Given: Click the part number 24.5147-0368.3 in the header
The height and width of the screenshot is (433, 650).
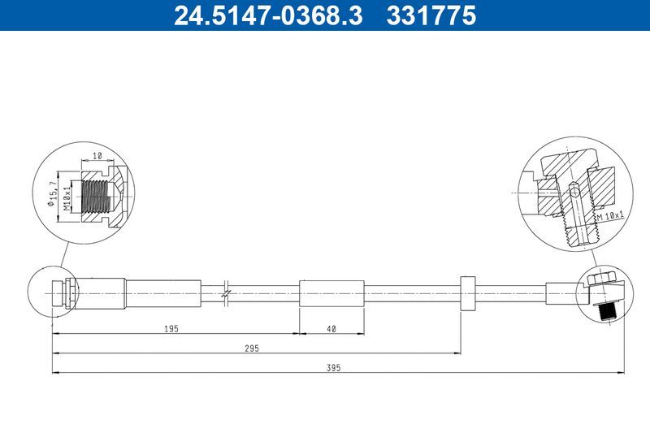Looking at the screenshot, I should [x=268, y=15].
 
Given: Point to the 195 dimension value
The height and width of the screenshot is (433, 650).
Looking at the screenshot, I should [x=171, y=328].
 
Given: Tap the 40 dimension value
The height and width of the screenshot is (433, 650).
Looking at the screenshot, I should [x=331, y=328].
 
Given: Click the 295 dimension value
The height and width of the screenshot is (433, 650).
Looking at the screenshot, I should [x=252, y=347].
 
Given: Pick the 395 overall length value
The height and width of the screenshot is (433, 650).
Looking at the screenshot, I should [x=334, y=367].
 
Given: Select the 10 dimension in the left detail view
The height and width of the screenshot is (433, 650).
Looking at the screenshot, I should [x=97, y=155].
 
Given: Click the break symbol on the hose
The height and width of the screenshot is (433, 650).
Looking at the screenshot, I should [x=227, y=293].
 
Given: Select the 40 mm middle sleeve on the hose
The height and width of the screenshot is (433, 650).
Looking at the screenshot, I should [x=331, y=293].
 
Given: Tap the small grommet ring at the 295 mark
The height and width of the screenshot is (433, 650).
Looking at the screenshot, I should [x=467, y=293].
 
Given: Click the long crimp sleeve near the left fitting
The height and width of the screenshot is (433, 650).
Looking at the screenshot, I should [x=162, y=293].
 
